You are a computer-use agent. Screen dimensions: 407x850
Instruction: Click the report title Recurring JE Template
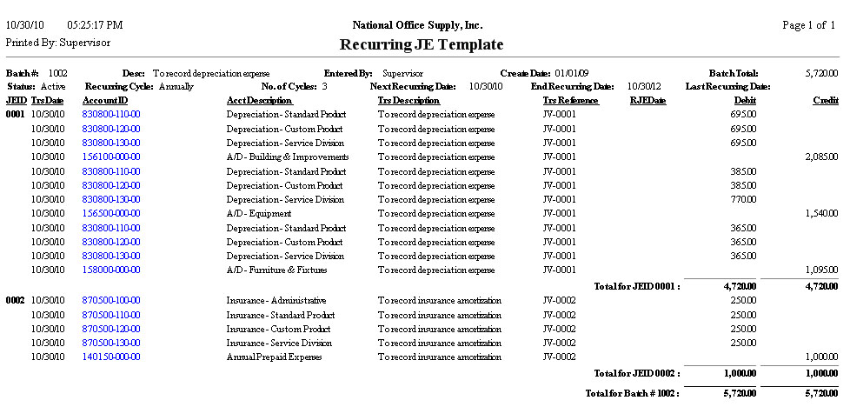tap(421, 44)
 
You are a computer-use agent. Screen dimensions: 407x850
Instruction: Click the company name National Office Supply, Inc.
tap(417, 25)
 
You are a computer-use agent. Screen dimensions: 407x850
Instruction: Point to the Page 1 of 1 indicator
tap(808, 25)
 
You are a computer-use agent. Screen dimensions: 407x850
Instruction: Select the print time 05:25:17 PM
tap(94, 25)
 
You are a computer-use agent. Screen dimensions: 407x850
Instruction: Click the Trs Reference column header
tap(570, 101)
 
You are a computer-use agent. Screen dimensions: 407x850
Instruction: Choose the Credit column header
tap(825, 101)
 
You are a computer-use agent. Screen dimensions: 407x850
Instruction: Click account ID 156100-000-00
tap(111, 157)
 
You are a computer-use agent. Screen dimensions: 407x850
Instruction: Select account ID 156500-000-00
tap(111, 214)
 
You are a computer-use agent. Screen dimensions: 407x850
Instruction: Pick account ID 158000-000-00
tap(111, 270)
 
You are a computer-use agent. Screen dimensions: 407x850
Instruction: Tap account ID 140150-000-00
tap(111, 357)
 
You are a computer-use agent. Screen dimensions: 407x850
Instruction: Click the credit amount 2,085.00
tap(821, 157)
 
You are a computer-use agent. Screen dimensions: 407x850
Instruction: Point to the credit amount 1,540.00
tap(821, 214)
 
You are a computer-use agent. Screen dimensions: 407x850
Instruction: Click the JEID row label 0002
tap(16, 300)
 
